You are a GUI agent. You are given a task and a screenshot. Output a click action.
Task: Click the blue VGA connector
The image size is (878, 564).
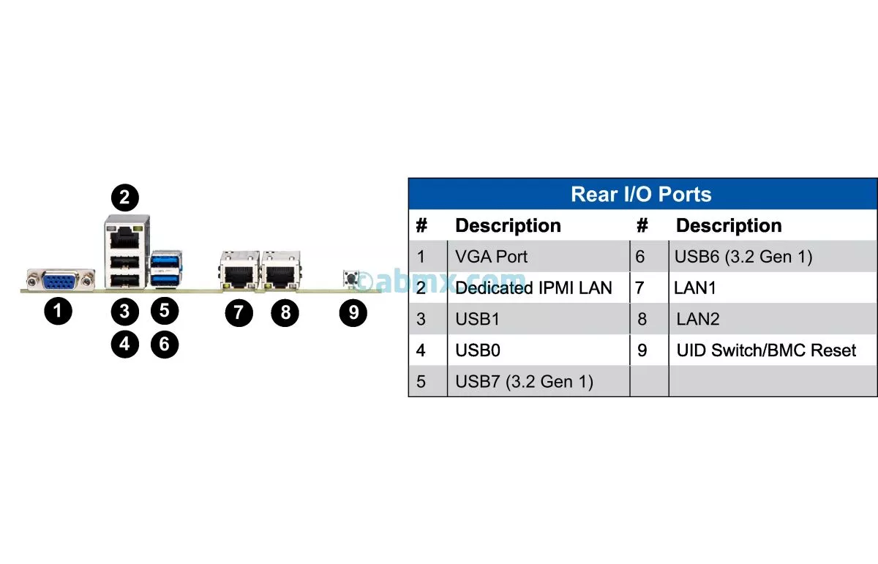pos(61,280)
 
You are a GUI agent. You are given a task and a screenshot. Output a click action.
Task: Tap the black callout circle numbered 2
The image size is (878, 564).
pos(124,196)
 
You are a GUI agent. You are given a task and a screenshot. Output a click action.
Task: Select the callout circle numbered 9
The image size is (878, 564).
pos(353,312)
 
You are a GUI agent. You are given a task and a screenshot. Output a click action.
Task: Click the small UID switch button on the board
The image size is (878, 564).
pos(350,279)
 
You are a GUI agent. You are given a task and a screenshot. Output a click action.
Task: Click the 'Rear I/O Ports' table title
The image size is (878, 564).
pos(641,195)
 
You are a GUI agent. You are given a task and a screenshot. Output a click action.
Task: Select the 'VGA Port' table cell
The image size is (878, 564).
pos(491,257)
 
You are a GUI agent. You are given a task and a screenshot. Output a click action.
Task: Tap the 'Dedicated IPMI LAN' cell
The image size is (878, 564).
pos(533,288)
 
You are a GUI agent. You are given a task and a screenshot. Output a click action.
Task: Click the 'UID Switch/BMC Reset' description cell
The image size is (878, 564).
pos(766,350)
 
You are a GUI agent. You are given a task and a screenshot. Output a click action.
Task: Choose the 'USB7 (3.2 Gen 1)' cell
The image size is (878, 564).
pos(524,381)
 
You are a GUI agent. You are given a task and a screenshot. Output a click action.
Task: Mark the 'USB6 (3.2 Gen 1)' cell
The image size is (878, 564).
pos(743,257)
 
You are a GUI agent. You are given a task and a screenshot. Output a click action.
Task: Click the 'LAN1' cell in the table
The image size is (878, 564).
pos(695,288)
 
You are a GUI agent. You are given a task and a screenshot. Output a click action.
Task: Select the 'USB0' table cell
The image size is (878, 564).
pos(478,350)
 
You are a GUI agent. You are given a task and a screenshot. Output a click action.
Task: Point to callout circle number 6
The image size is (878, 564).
pos(164,343)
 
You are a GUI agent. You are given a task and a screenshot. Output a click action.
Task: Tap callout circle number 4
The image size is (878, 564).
pos(124,343)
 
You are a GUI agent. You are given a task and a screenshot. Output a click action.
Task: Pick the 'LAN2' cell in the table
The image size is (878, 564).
pos(697,319)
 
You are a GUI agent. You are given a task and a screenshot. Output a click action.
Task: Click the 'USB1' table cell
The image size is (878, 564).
pos(478,319)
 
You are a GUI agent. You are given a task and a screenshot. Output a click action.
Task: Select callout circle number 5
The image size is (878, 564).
pos(164,309)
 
